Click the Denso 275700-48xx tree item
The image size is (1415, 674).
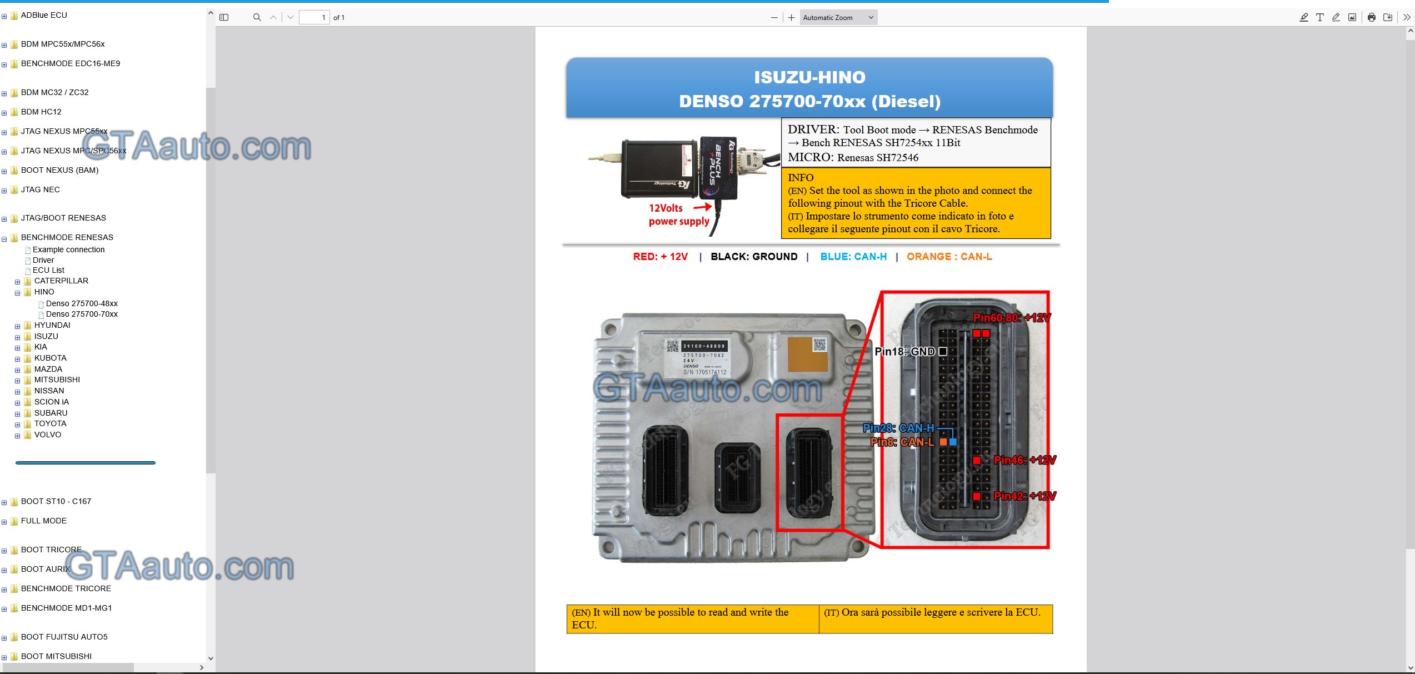point(82,303)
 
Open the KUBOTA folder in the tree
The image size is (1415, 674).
point(50,358)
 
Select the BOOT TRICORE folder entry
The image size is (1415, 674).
point(51,550)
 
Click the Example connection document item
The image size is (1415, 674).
point(68,249)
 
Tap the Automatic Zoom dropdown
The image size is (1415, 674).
point(838,18)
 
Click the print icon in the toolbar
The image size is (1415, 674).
point(1371,18)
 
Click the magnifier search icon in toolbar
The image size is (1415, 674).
point(257,18)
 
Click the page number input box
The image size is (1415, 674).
point(314,18)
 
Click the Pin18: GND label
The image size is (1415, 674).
point(904,352)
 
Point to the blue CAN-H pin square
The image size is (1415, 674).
point(953,442)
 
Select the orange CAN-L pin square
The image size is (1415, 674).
point(943,442)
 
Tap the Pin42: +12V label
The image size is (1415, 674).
point(1024,496)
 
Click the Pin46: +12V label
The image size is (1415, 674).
point(1024,460)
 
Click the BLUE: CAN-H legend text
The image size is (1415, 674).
point(853,257)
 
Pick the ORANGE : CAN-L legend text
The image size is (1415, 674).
point(949,257)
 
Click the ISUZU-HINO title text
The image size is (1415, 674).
point(809,77)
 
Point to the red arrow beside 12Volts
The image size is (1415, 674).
point(703,207)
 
